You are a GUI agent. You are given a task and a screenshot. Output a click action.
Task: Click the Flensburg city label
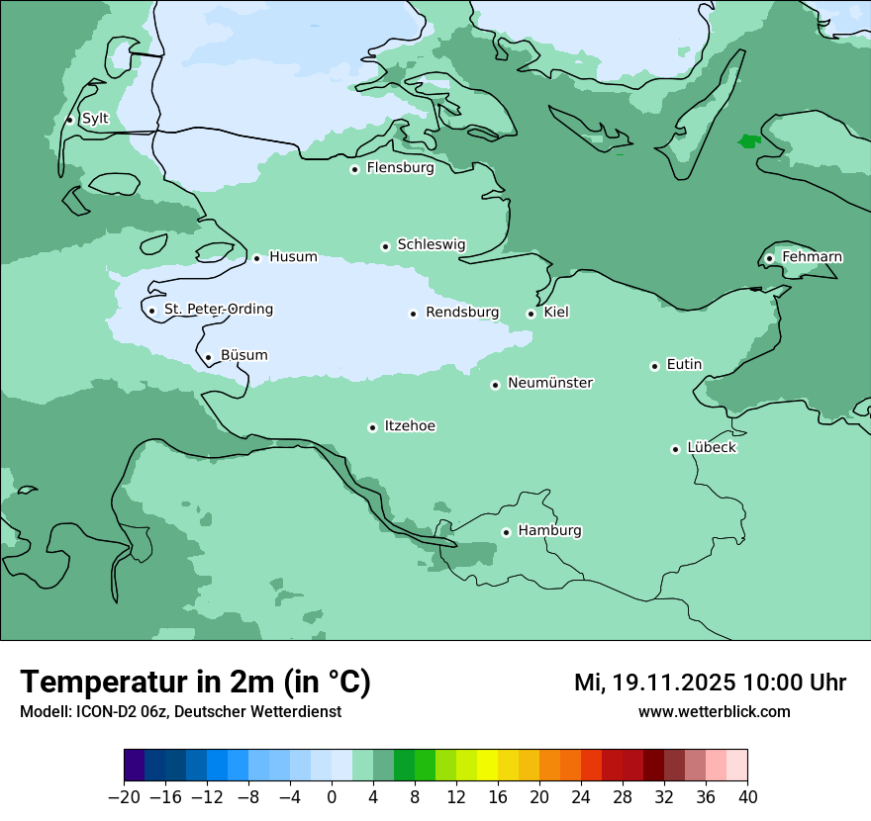tap(400, 168)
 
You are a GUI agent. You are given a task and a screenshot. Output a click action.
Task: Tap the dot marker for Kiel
tap(532, 314)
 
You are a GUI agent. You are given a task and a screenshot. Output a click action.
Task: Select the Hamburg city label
tap(549, 531)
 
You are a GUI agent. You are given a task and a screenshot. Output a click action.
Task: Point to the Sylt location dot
tap(69, 120)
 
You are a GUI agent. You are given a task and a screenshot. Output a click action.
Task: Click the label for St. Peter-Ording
tap(218, 310)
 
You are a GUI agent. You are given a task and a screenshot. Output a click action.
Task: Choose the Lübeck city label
tap(712, 448)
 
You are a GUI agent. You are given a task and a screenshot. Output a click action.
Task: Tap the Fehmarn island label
tap(812, 257)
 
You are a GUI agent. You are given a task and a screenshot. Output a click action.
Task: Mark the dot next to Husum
tap(256, 258)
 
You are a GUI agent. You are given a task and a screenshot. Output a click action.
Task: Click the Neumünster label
tap(550, 383)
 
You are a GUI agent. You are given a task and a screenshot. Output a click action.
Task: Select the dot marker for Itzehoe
tap(372, 427)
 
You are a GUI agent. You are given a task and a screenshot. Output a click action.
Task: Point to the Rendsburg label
tap(462, 313)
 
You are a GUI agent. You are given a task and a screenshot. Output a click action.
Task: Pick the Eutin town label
tap(684, 365)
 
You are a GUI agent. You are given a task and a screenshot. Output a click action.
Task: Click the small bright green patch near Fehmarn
tap(749, 141)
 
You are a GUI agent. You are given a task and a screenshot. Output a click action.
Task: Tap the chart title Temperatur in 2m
tap(195, 683)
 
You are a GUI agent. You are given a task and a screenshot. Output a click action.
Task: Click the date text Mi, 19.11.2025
tap(654, 683)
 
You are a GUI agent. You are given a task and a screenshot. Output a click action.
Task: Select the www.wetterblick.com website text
tap(714, 711)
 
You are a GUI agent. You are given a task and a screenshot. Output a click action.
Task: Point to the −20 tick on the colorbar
tap(124, 797)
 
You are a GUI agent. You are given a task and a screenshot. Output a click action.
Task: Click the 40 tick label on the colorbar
tap(747, 797)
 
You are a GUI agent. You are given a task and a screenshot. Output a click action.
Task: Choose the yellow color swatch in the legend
tap(487, 766)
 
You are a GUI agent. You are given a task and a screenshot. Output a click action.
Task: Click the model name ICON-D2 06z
tap(119, 711)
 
